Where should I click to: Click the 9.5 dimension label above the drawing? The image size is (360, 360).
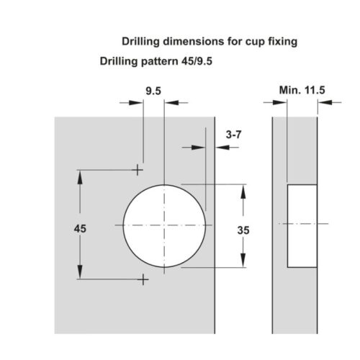pos(153,91)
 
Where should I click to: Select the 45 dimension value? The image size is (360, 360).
pos(80,228)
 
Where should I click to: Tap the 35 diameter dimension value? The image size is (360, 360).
pos(243,230)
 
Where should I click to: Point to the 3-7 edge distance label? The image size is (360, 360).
pos(233,135)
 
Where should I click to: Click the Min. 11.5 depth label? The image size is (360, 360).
pos(302,90)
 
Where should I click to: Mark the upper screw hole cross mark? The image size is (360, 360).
pos(138,170)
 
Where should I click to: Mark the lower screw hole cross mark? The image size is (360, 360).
pos(143,279)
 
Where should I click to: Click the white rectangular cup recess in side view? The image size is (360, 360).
pos(302,226)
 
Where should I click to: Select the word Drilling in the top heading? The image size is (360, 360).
pos(140,42)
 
